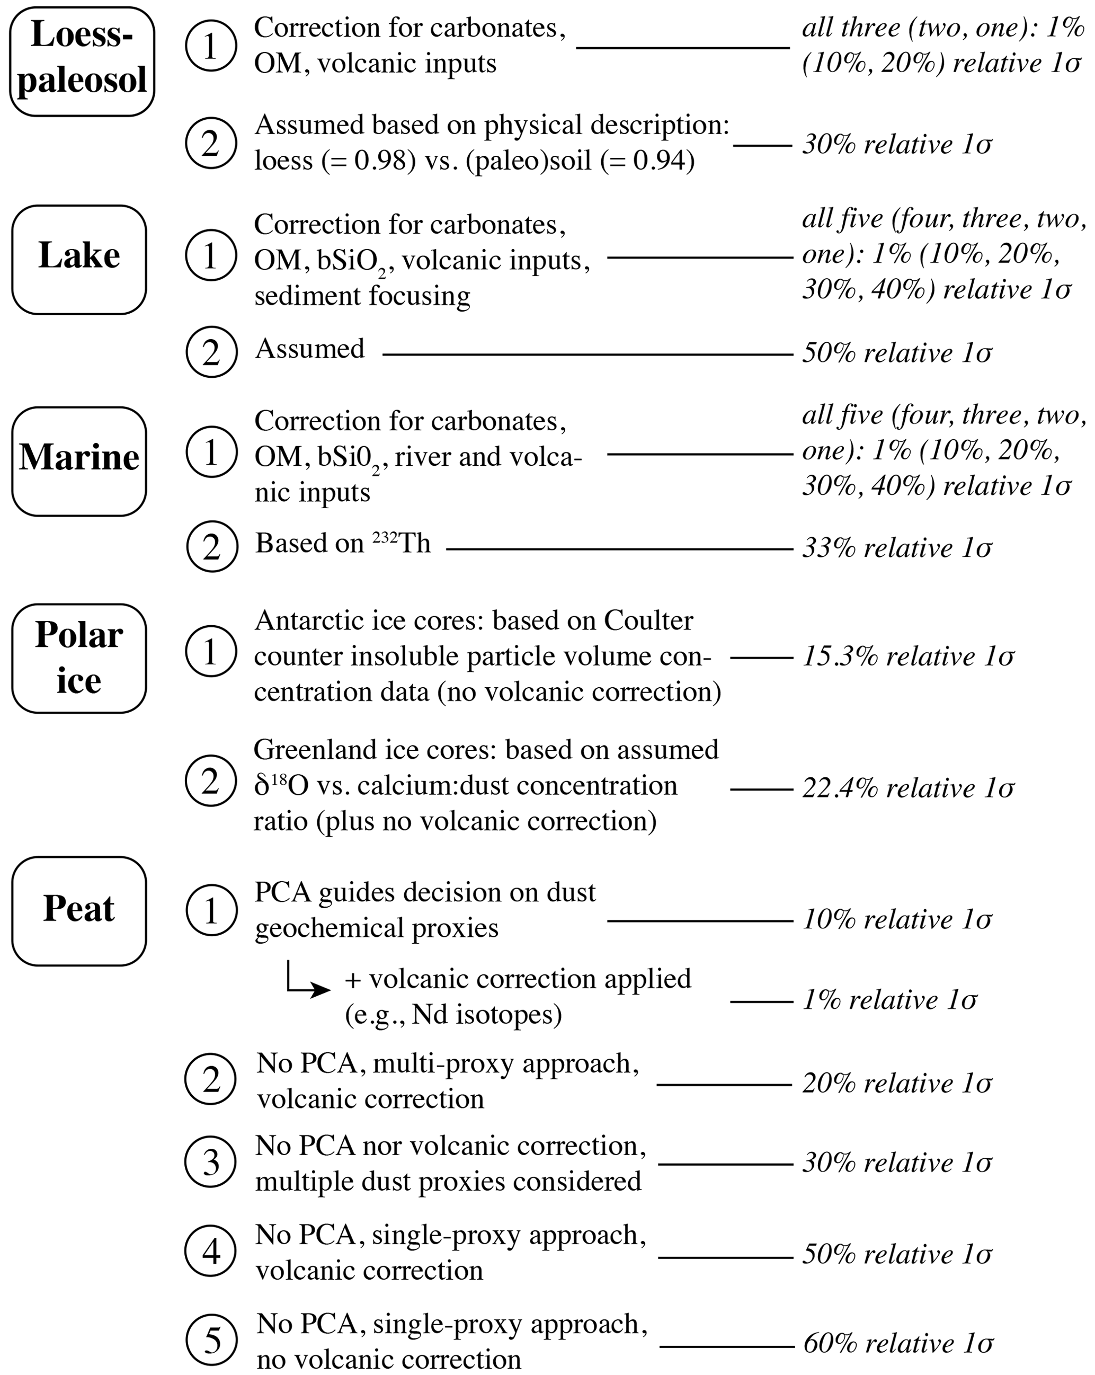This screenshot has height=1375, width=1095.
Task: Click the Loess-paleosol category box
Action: [x=82, y=62]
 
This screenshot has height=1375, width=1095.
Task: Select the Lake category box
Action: [x=79, y=259]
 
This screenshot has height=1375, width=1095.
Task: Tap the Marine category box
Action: [x=79, y=460]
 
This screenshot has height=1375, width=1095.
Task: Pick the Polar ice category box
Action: [x=79, y=658]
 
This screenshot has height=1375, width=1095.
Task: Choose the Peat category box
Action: [x=79, y=911]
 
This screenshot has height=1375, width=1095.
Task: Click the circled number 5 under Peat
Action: [x=211, y=1340]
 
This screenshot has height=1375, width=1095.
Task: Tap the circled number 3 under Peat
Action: [x=210, y=1162]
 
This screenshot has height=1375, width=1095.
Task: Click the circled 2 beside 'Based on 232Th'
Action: [x=212, y=547]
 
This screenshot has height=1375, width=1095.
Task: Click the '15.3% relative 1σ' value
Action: [x=907, y=657]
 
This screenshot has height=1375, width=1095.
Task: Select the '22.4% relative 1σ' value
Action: [x=907, y=789]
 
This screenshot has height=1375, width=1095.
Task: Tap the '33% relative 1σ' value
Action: [x=897, y=548]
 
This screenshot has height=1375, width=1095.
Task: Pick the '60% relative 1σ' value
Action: [x=898, y=1344]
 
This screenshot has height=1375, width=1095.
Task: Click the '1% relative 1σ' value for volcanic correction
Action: [x=889, y=1000]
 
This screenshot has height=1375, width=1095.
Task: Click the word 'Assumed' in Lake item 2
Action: [x=310, y=349]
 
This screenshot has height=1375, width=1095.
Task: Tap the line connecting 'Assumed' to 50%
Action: [x=587, y=354]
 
